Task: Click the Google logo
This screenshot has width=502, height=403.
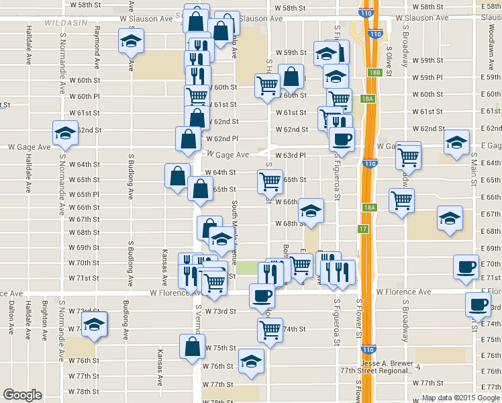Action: tap(23, 395)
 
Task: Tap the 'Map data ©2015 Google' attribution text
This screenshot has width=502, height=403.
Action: tap(461, 398)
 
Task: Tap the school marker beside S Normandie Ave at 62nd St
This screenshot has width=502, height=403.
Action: tap(65, 133)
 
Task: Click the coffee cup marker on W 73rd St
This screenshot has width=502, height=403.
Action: tap(261, 296)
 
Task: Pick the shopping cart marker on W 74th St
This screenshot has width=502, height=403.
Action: tap(270, 330)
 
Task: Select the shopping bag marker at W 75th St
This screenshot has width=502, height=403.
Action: tap(192, 347)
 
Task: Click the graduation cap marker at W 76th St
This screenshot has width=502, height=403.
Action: tap(251, 363)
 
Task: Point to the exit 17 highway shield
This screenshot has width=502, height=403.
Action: tap(362, 229)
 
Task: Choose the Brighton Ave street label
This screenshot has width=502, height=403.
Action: tap(44, 318)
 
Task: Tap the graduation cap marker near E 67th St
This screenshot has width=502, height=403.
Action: tap(450, 218)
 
